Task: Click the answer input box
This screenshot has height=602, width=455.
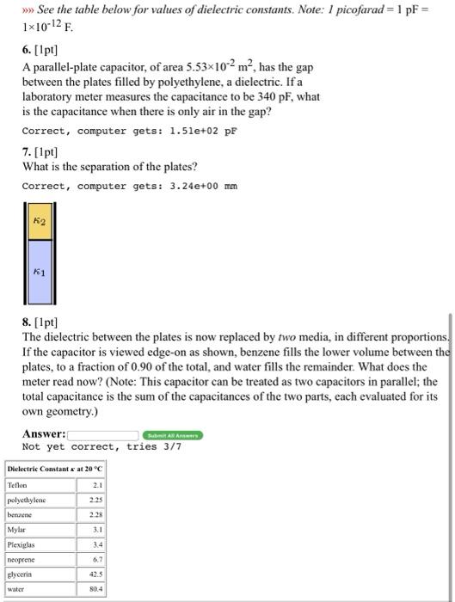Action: point(103,434)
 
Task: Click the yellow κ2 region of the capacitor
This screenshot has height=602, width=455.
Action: point(38,222)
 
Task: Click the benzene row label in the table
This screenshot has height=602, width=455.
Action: point(21,514)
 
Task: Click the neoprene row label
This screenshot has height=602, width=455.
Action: point(22,560)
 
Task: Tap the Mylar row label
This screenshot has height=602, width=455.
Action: point(17,530)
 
